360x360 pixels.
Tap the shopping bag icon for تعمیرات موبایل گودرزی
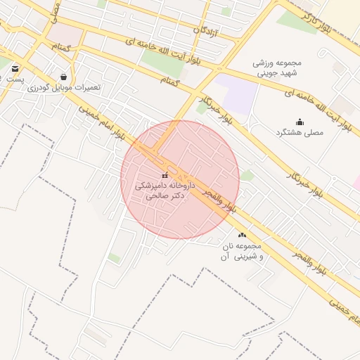[x=64, y=77]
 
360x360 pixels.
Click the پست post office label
[x=15, y=79]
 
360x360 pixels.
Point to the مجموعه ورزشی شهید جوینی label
[x=277, y=67]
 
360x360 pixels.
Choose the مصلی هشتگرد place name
[x=299, y=131]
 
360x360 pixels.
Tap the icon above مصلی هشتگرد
[x=300, y=122]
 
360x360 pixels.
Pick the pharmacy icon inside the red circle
[x=165, y=176]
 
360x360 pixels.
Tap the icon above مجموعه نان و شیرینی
[x=243, y=236]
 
